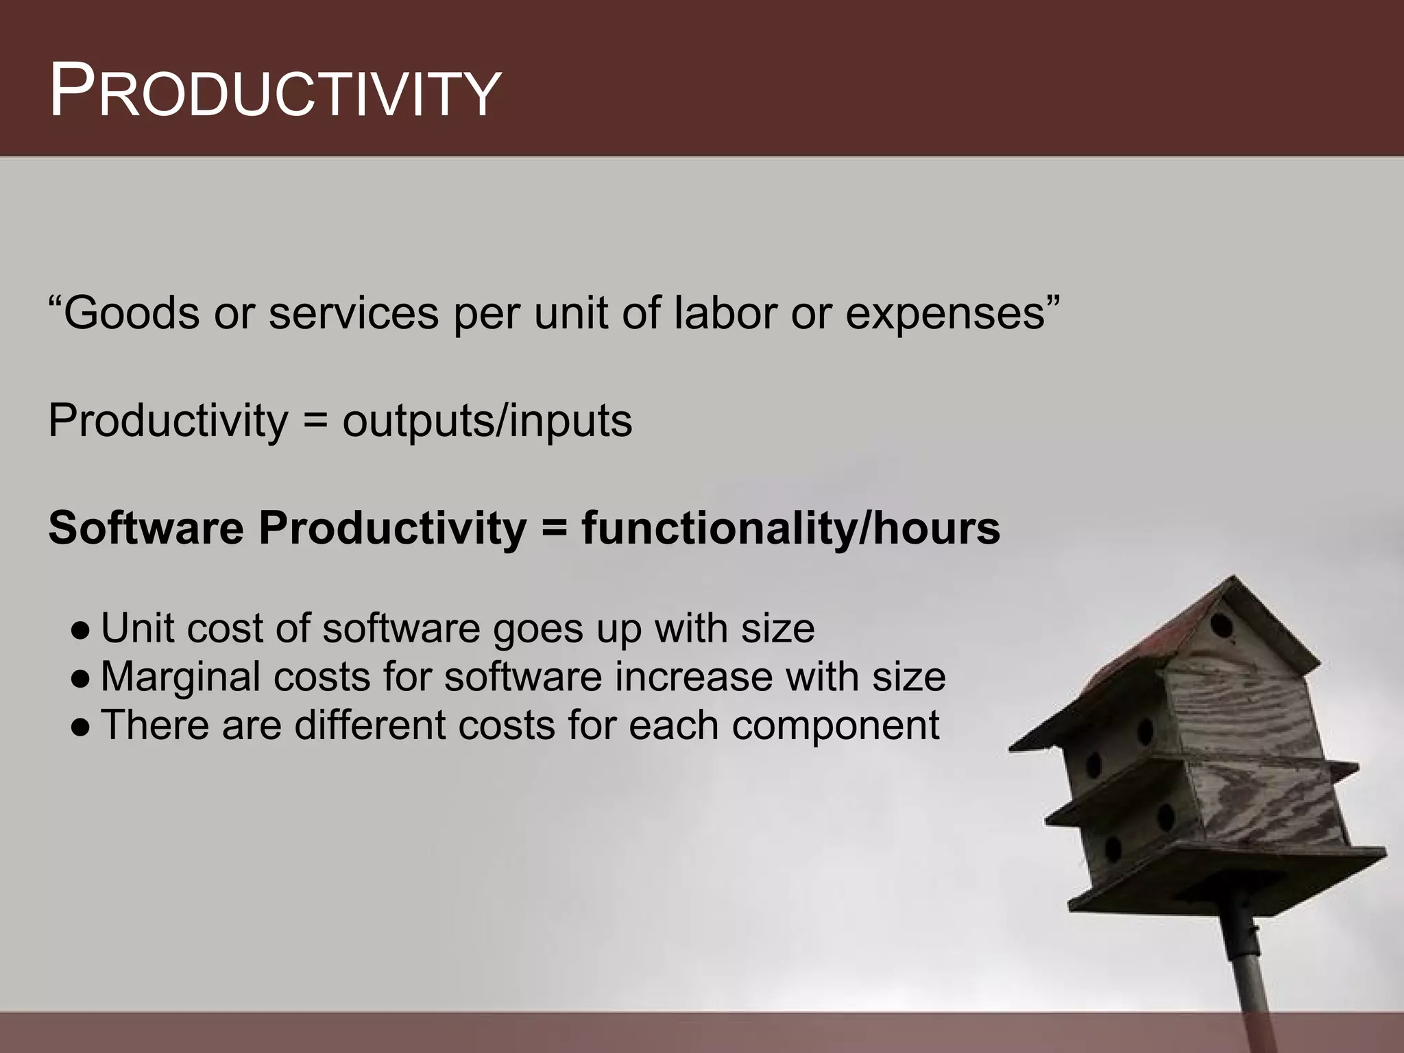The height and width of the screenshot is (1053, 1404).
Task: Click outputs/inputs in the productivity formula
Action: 487,421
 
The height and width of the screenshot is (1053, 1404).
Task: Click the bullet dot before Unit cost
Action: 80,629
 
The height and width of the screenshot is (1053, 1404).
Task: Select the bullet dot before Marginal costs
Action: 80,678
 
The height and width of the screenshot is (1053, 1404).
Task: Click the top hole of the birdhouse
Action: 1221,625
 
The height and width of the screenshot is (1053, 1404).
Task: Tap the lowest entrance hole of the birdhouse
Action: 1113,849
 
